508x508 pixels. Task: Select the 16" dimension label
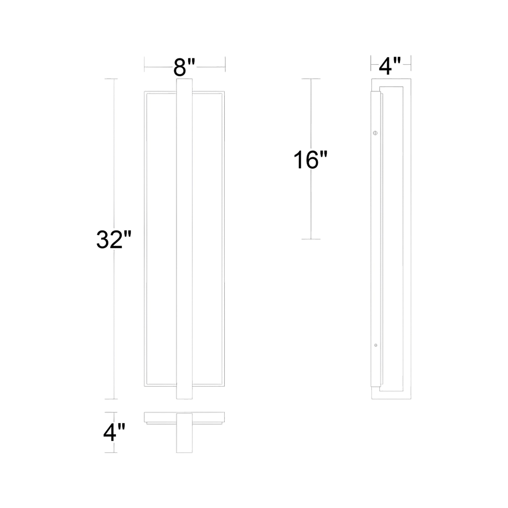[x=310, y=160]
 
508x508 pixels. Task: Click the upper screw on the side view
[x=375, y=133]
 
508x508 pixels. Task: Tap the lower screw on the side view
[x=375, y=345]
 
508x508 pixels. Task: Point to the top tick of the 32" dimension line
[x=111, y=79]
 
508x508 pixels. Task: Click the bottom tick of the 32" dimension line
[x=111, y=399]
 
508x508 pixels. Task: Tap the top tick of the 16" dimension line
[x=311, y=79]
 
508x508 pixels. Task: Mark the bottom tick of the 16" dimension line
[x=311, y=239]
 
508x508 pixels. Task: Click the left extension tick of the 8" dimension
[x=144, y=64]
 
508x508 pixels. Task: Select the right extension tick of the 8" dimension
[x=225, y=64]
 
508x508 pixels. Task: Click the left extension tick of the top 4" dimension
[x=371, y=63]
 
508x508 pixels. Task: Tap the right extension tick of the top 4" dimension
[x=411, y=63]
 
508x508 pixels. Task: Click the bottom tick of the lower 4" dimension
[x=111, y=452]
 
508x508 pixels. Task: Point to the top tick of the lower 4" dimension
[x=111, y=412]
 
